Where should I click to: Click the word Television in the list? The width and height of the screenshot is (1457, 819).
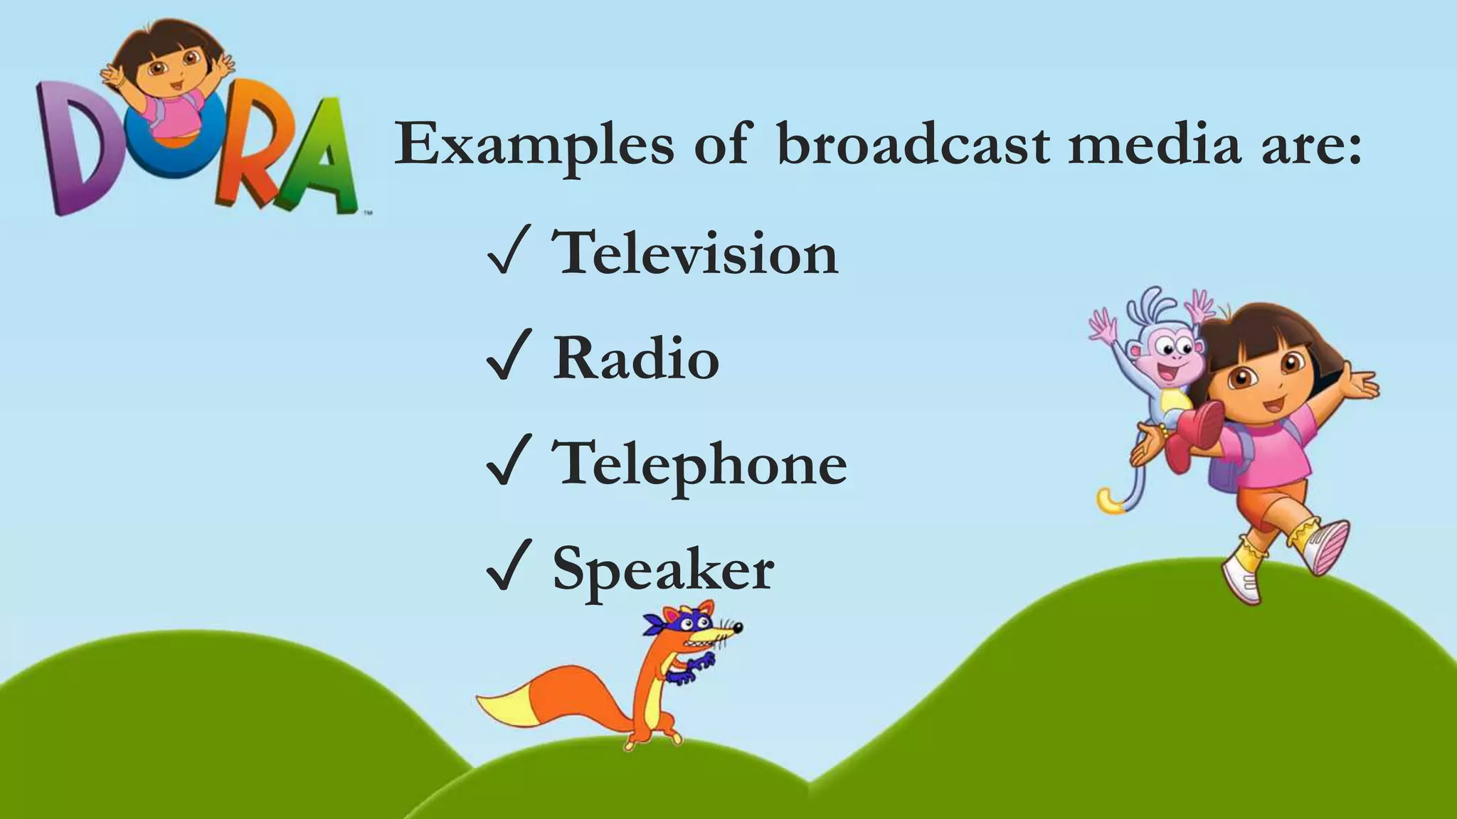point(696,252)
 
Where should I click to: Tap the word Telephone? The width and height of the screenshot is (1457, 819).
point(700,464)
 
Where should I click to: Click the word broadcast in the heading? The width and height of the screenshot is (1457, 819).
point(913,144)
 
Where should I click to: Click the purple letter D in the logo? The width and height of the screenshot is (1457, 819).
point(77,146)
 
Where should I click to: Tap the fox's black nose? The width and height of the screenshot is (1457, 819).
point(738,628)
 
